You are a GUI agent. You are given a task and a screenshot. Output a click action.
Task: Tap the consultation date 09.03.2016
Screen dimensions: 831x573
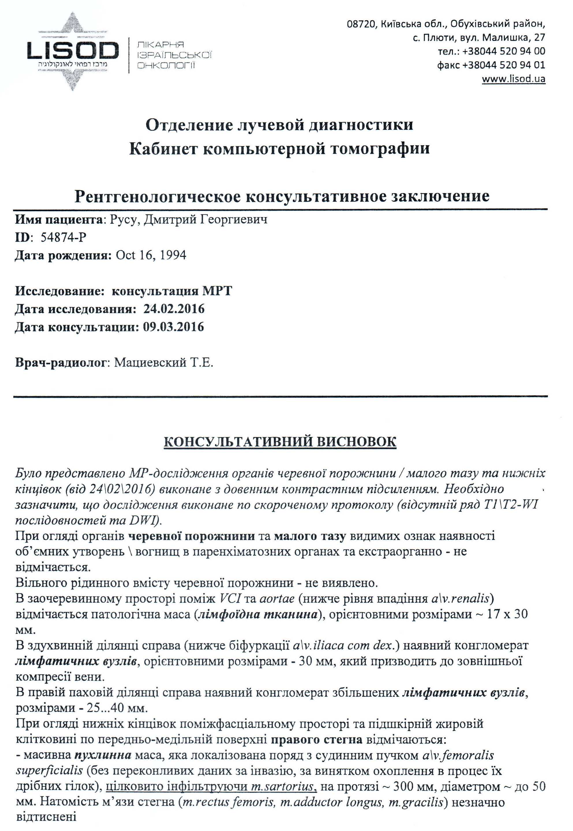click(x=173, y=327)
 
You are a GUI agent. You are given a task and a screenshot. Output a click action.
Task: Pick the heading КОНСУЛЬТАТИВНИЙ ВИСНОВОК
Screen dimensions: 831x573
click(x=280, y=442)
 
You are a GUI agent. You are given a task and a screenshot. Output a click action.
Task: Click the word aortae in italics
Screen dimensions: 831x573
click(x=277, y=599)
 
